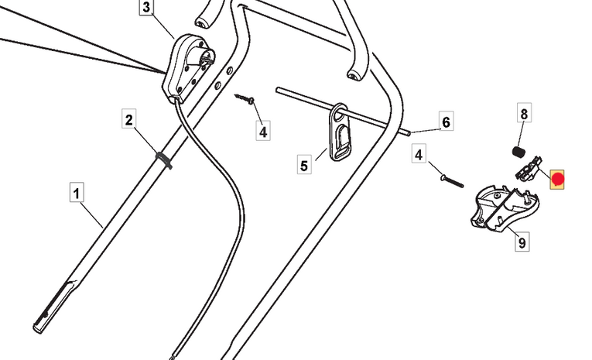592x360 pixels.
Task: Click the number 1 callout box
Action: pos(76,191)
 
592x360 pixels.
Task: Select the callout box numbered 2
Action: pos(129,120)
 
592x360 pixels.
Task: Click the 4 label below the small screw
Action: pos(263,132)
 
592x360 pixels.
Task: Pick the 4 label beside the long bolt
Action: pos(419,155)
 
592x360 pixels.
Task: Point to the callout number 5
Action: pos(304,165)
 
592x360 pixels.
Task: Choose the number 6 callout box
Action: pos(445,122)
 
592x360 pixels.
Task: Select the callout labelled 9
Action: pos(522,243)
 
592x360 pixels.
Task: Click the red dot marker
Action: pos(557,181)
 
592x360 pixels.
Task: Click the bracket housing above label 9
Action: pos(503,206)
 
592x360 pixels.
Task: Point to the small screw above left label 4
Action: pos(248,99)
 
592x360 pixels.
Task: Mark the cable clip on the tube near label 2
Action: pos(163,159)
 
